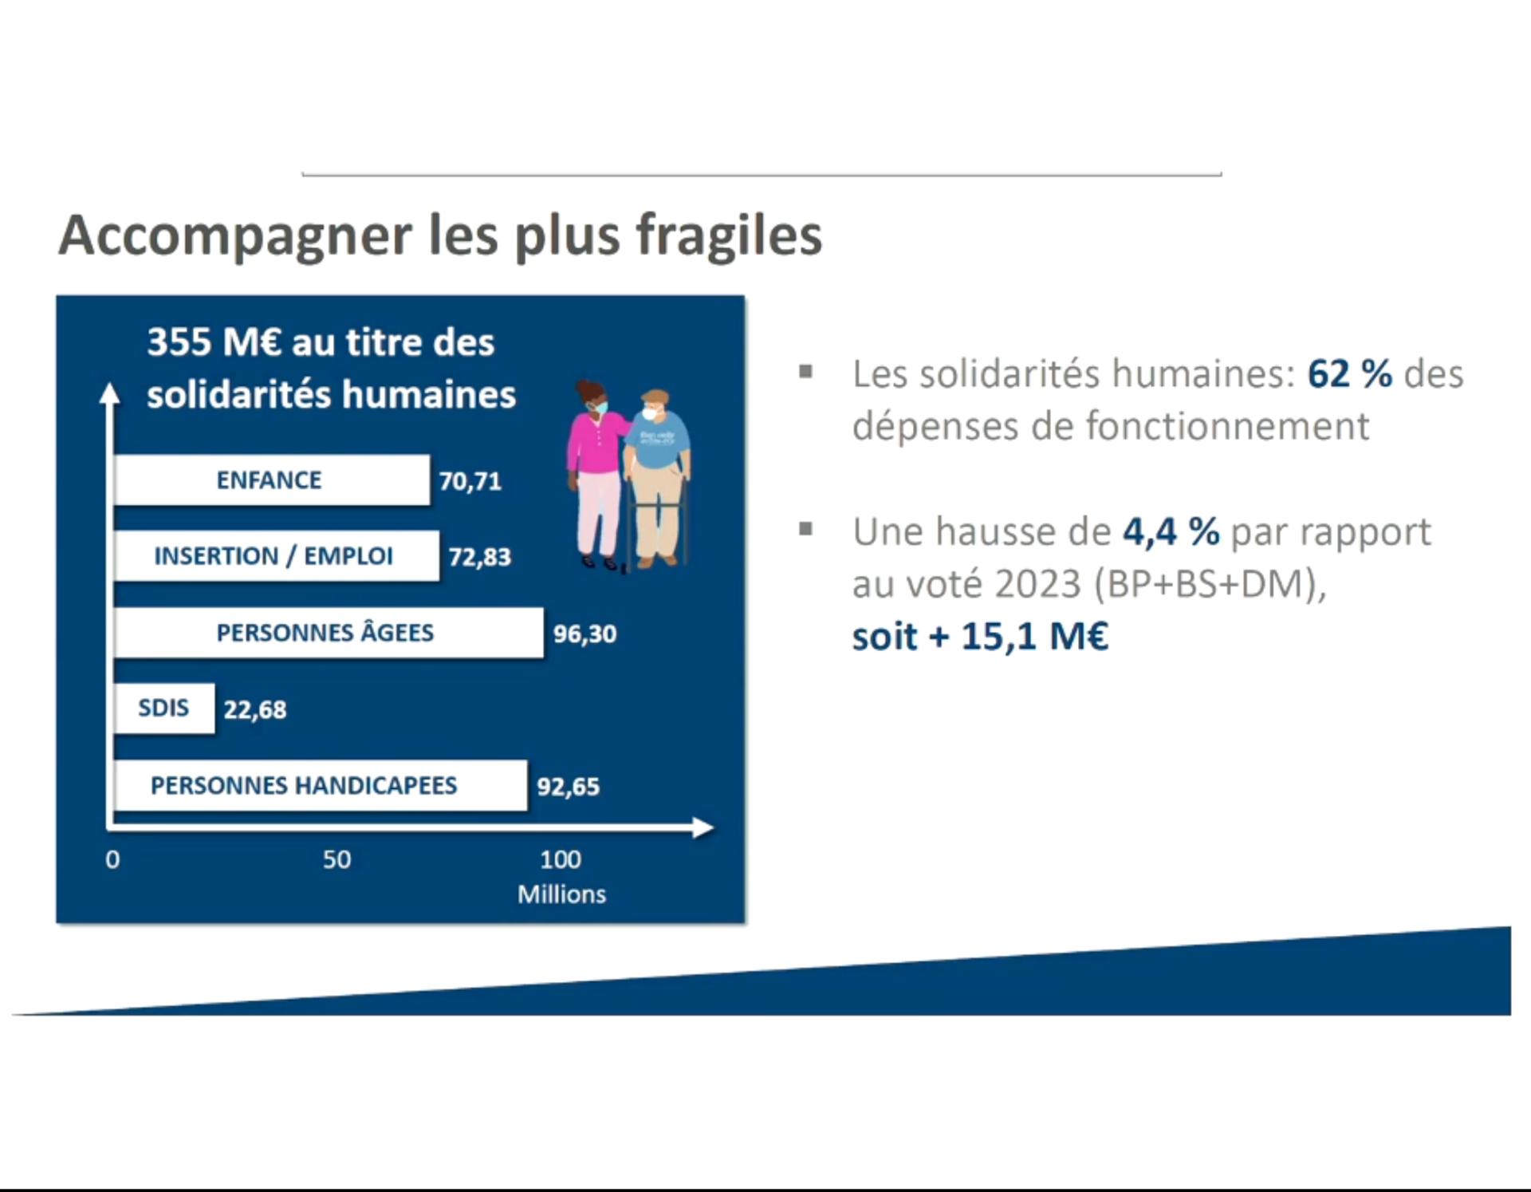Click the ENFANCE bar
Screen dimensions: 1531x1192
[272, 480]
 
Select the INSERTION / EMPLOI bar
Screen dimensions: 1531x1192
[276, 555]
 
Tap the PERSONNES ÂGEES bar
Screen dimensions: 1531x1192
[329, 633]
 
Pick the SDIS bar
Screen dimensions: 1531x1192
[164, 708]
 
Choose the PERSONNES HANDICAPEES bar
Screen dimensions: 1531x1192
[321, 785]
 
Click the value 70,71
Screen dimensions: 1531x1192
[470, 481]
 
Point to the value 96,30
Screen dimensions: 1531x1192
[585, 634]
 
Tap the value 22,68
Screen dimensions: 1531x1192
[255, 710]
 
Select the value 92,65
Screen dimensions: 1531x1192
[569, 787]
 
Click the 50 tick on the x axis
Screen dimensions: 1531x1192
[337, 859]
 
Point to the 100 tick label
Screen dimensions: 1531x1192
[561, 859]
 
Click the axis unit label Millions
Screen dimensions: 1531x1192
[561, 894]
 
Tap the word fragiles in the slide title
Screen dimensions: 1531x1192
[729, 237]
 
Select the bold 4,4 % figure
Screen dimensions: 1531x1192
[1171, 532]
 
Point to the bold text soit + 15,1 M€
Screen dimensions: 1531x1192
[980, 637]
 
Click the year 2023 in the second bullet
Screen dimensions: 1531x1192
[1037, 584]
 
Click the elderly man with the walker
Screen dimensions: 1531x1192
[657, 479]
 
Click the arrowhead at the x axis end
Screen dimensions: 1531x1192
[703, 827]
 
